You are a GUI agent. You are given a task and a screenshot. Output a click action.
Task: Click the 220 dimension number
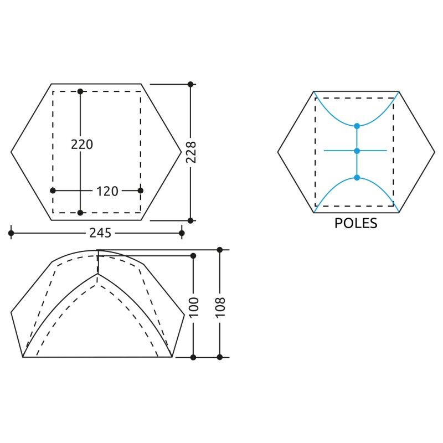tap(82, 145)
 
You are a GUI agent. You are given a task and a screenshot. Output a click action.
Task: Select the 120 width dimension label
tap(107, 191)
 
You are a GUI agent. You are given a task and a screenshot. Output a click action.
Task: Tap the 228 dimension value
tap(191, 152)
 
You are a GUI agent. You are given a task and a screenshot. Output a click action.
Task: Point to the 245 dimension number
tap(100, 233)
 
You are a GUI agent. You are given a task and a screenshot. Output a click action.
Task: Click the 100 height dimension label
tap(194, 307)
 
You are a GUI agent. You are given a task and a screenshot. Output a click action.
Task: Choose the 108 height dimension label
tap(220, 307)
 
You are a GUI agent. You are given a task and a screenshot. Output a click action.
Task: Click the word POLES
tap(356, 223)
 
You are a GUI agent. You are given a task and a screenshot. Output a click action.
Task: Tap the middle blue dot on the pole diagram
tap(357, 151)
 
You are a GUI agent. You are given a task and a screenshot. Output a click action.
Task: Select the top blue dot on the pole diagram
tap(357, 126)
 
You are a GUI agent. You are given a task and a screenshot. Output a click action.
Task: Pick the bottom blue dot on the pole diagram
tap(357, 178)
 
